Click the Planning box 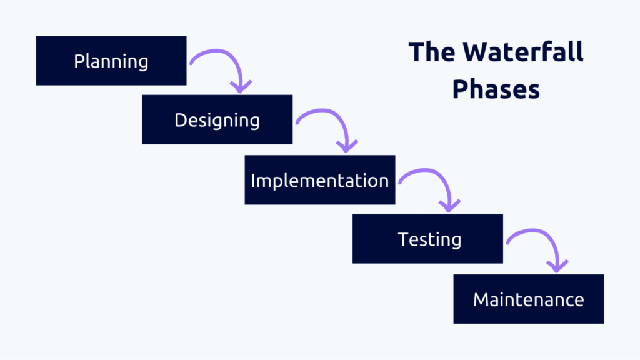[111, 61]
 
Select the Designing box [217, 119]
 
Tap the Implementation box [320, 179]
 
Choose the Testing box [427, 239]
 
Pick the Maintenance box [529, 299]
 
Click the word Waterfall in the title [523, 52]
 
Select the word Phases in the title [496, 89]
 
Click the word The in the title [432, 52]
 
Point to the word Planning [111, 61]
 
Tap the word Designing [217, 121]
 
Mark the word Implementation [320, 181]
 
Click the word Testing [429, 239]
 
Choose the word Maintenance [529, 299]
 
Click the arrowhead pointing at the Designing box [241, 86]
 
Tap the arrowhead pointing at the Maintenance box [557, 266]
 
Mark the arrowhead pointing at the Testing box [449, 206]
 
